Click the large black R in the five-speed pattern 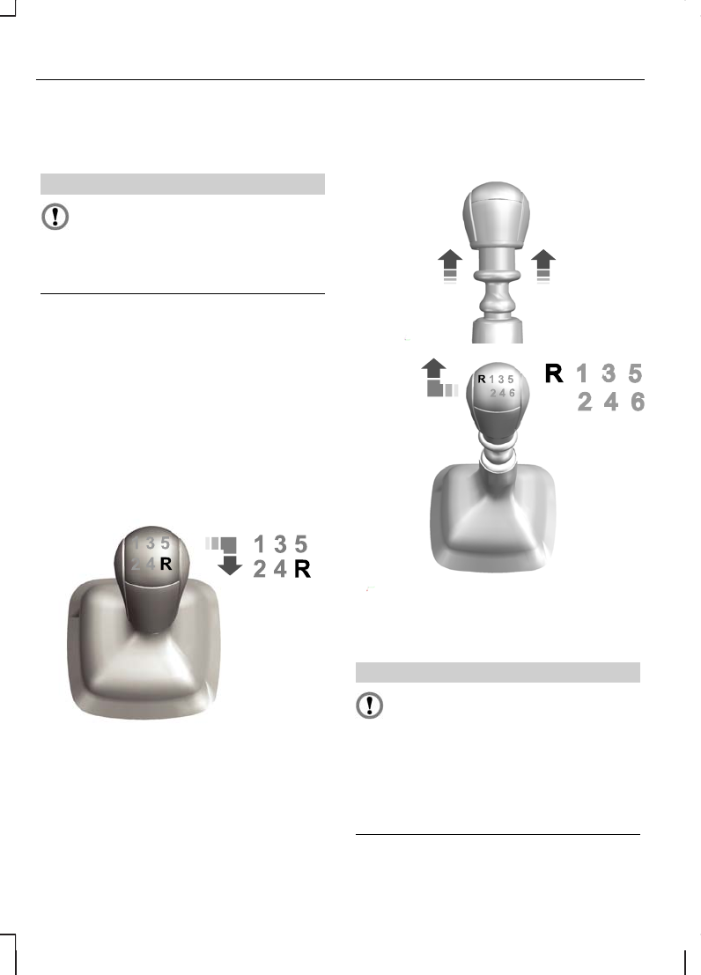click(x=302, y=569)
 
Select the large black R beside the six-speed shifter click(x=554, y=373)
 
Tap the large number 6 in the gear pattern click(x=638, y=403)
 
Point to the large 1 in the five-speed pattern click(x=260, y=544)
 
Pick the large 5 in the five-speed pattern click(x=301, y=544)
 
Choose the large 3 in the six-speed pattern click(x=609, y=373)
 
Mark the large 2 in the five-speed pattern click(x=260, y=569)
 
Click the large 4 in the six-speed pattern click(x=611, y=403)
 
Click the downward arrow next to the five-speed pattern click(x=230, y=565)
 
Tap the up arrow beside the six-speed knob click(x=433, y=368)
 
